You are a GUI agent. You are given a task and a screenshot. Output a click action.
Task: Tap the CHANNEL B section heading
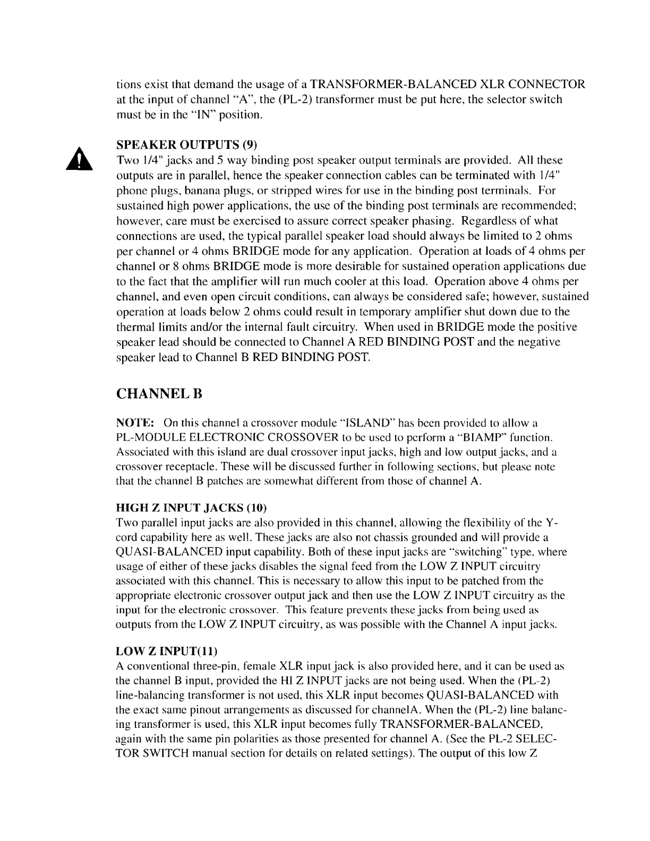[159, 394]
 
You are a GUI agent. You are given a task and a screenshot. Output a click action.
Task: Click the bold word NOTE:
[135, 423]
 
